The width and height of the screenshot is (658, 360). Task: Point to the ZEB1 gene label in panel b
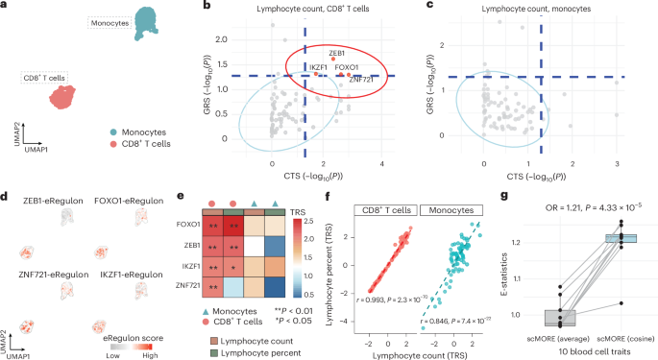(x=337, y=53)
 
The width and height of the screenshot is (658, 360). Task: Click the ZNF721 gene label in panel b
(x=361, y=80)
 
